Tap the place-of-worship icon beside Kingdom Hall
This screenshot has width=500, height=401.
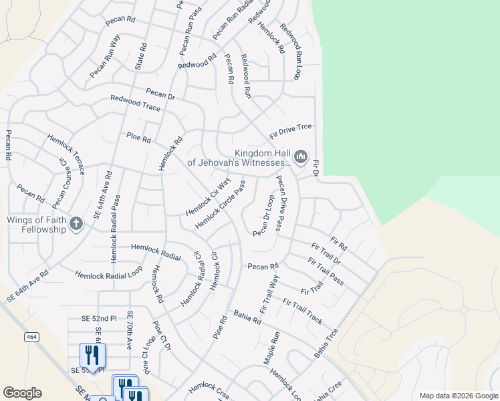[300, 158]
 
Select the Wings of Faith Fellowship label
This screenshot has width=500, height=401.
[37, 225]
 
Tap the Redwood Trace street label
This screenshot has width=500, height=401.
[135, 103]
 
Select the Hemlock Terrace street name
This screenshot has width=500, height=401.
[66, 154]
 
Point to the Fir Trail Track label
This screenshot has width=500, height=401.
[302, 311]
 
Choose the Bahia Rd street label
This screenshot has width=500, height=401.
[247, 317]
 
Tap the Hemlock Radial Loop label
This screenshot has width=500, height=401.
[108, 274]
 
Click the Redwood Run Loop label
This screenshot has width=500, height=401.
[291, 51]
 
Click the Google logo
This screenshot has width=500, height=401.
[22, 393]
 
